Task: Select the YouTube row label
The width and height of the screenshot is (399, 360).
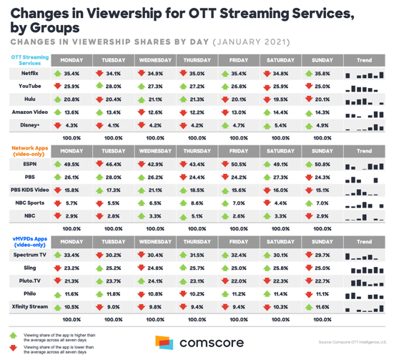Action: (30, 86)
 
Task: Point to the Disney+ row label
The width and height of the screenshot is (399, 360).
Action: (30, 125)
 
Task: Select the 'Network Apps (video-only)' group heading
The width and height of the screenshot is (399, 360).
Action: (29, 151)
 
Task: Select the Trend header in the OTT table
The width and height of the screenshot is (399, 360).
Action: (363, 59)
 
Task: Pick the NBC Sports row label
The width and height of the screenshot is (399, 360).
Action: (30, 204)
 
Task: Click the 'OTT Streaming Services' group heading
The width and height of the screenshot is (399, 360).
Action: (29, 59)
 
